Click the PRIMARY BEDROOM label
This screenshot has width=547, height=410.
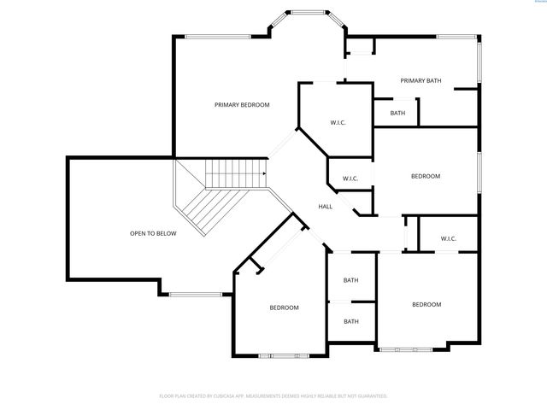tap(242, 104)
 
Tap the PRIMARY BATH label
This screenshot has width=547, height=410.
tap(421, 80)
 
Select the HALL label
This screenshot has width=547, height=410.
tap(325, 207)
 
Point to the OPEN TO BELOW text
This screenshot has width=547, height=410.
tap(153, 233)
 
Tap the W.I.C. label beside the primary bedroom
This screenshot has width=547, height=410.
tap(338, 123)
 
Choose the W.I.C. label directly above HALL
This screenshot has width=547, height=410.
tap(350, 179)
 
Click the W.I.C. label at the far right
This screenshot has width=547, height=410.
tap(449, 238)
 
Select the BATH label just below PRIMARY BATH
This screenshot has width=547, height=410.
tap(397, 113)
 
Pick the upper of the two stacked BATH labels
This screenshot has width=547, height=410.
tap(351, 280)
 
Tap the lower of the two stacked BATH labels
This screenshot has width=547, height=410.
tap(351, 321)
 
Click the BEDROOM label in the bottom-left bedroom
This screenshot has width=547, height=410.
tap(285, 307)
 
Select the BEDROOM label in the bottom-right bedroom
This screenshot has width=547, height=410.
tap(426, 304)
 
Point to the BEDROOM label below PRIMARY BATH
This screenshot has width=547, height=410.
tap(425, 176)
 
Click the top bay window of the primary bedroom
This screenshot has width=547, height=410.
tap(305, 12)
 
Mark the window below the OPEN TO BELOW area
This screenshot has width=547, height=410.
tap(196, 295)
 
